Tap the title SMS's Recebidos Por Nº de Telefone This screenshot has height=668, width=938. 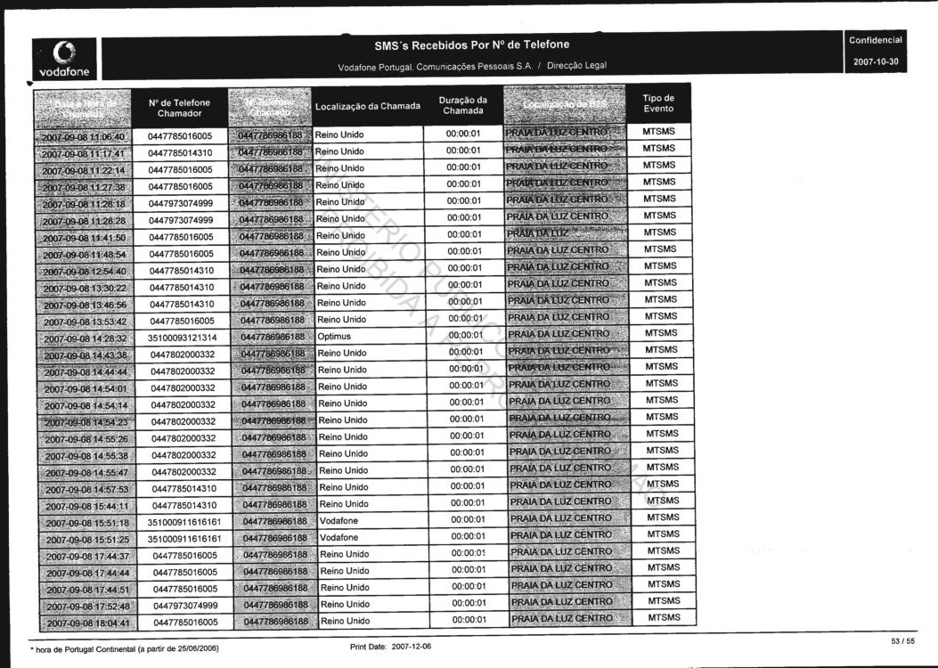coord(471,45)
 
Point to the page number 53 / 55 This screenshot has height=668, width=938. coord(902,640)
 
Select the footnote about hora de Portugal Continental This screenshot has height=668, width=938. coord(125,648)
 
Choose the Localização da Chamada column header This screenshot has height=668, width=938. coord(367,107)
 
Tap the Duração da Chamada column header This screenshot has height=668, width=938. coord(463,105)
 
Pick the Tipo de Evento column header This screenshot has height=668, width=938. coord(658,103)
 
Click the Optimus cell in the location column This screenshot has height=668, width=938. coord(334,337)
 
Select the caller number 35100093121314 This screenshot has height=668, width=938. coord(183,338)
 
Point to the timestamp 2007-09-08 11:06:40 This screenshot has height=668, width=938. coord(83,137)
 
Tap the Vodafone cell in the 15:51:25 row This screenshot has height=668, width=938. coord(338,538)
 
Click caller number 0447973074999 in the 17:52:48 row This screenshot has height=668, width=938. coord(185,606)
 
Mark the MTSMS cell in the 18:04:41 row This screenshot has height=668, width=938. coord(664,617)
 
